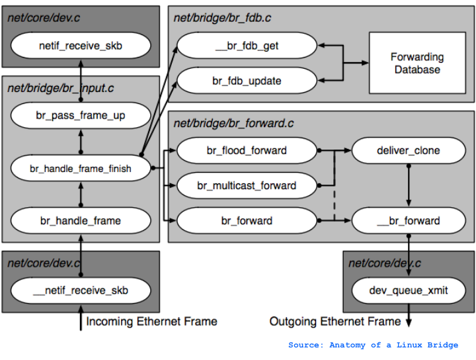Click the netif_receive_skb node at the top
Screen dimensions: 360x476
click(x=81, y=46)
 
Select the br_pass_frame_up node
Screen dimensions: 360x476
click(x=81, y=116)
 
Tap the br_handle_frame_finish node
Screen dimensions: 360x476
click(x=81, y=169)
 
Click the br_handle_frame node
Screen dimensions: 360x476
click(x=81, y=220)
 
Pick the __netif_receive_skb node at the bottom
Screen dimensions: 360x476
click(x=81, y=290)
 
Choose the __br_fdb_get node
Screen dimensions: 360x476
click(x=247, y=46)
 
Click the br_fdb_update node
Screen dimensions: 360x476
click(x=247, y=81)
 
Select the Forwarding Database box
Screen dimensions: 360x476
click(x=417, y=64)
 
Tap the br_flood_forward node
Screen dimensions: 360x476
click(x=247, y=150)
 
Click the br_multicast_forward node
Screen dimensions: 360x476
click(x=247, y=186)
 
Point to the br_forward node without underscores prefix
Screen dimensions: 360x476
click(x=247, y=220)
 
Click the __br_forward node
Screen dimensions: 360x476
click(x=408, y=220)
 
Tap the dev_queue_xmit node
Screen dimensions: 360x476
click(x=408, y=290)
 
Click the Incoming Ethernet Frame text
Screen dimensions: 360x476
click(x=151, y=322)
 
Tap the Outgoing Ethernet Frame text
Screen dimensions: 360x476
click(x=335, y=322)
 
